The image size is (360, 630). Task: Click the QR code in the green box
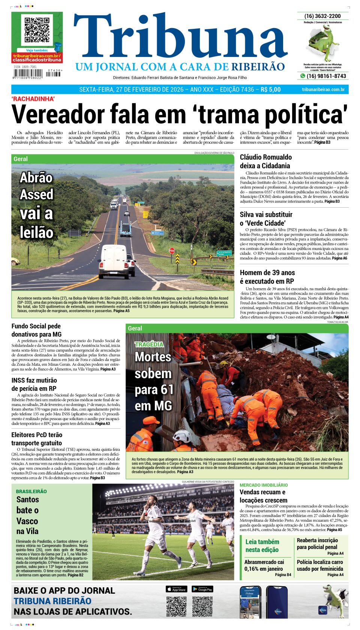(x=37, y=30)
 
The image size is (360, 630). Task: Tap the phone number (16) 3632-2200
(x=322, y=16)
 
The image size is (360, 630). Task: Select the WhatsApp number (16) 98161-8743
(x=326, y=76)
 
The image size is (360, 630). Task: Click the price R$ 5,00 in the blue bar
(x=270, y=90)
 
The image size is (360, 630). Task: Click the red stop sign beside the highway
(x=172, y=251)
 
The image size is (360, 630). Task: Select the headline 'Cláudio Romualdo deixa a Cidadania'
(x=265, y=162)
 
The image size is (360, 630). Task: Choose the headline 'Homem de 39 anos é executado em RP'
(x=267, y=277)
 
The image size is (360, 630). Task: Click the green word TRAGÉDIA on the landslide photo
(x=149, y=344)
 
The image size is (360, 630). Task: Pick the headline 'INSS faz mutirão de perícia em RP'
(x=34, y=385)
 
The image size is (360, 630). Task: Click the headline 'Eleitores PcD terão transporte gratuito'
(x=37, y=439)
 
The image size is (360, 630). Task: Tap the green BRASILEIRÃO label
(x=31, y=491)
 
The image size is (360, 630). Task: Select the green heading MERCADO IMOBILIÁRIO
(x=264, y=485)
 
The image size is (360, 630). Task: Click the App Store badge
(x=176, y=589)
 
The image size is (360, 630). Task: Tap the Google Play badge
(x=202, y=589)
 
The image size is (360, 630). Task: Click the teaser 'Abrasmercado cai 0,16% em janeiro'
(x=264, y=565)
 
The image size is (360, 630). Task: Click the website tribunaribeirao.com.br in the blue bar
(x=323, y=90)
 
